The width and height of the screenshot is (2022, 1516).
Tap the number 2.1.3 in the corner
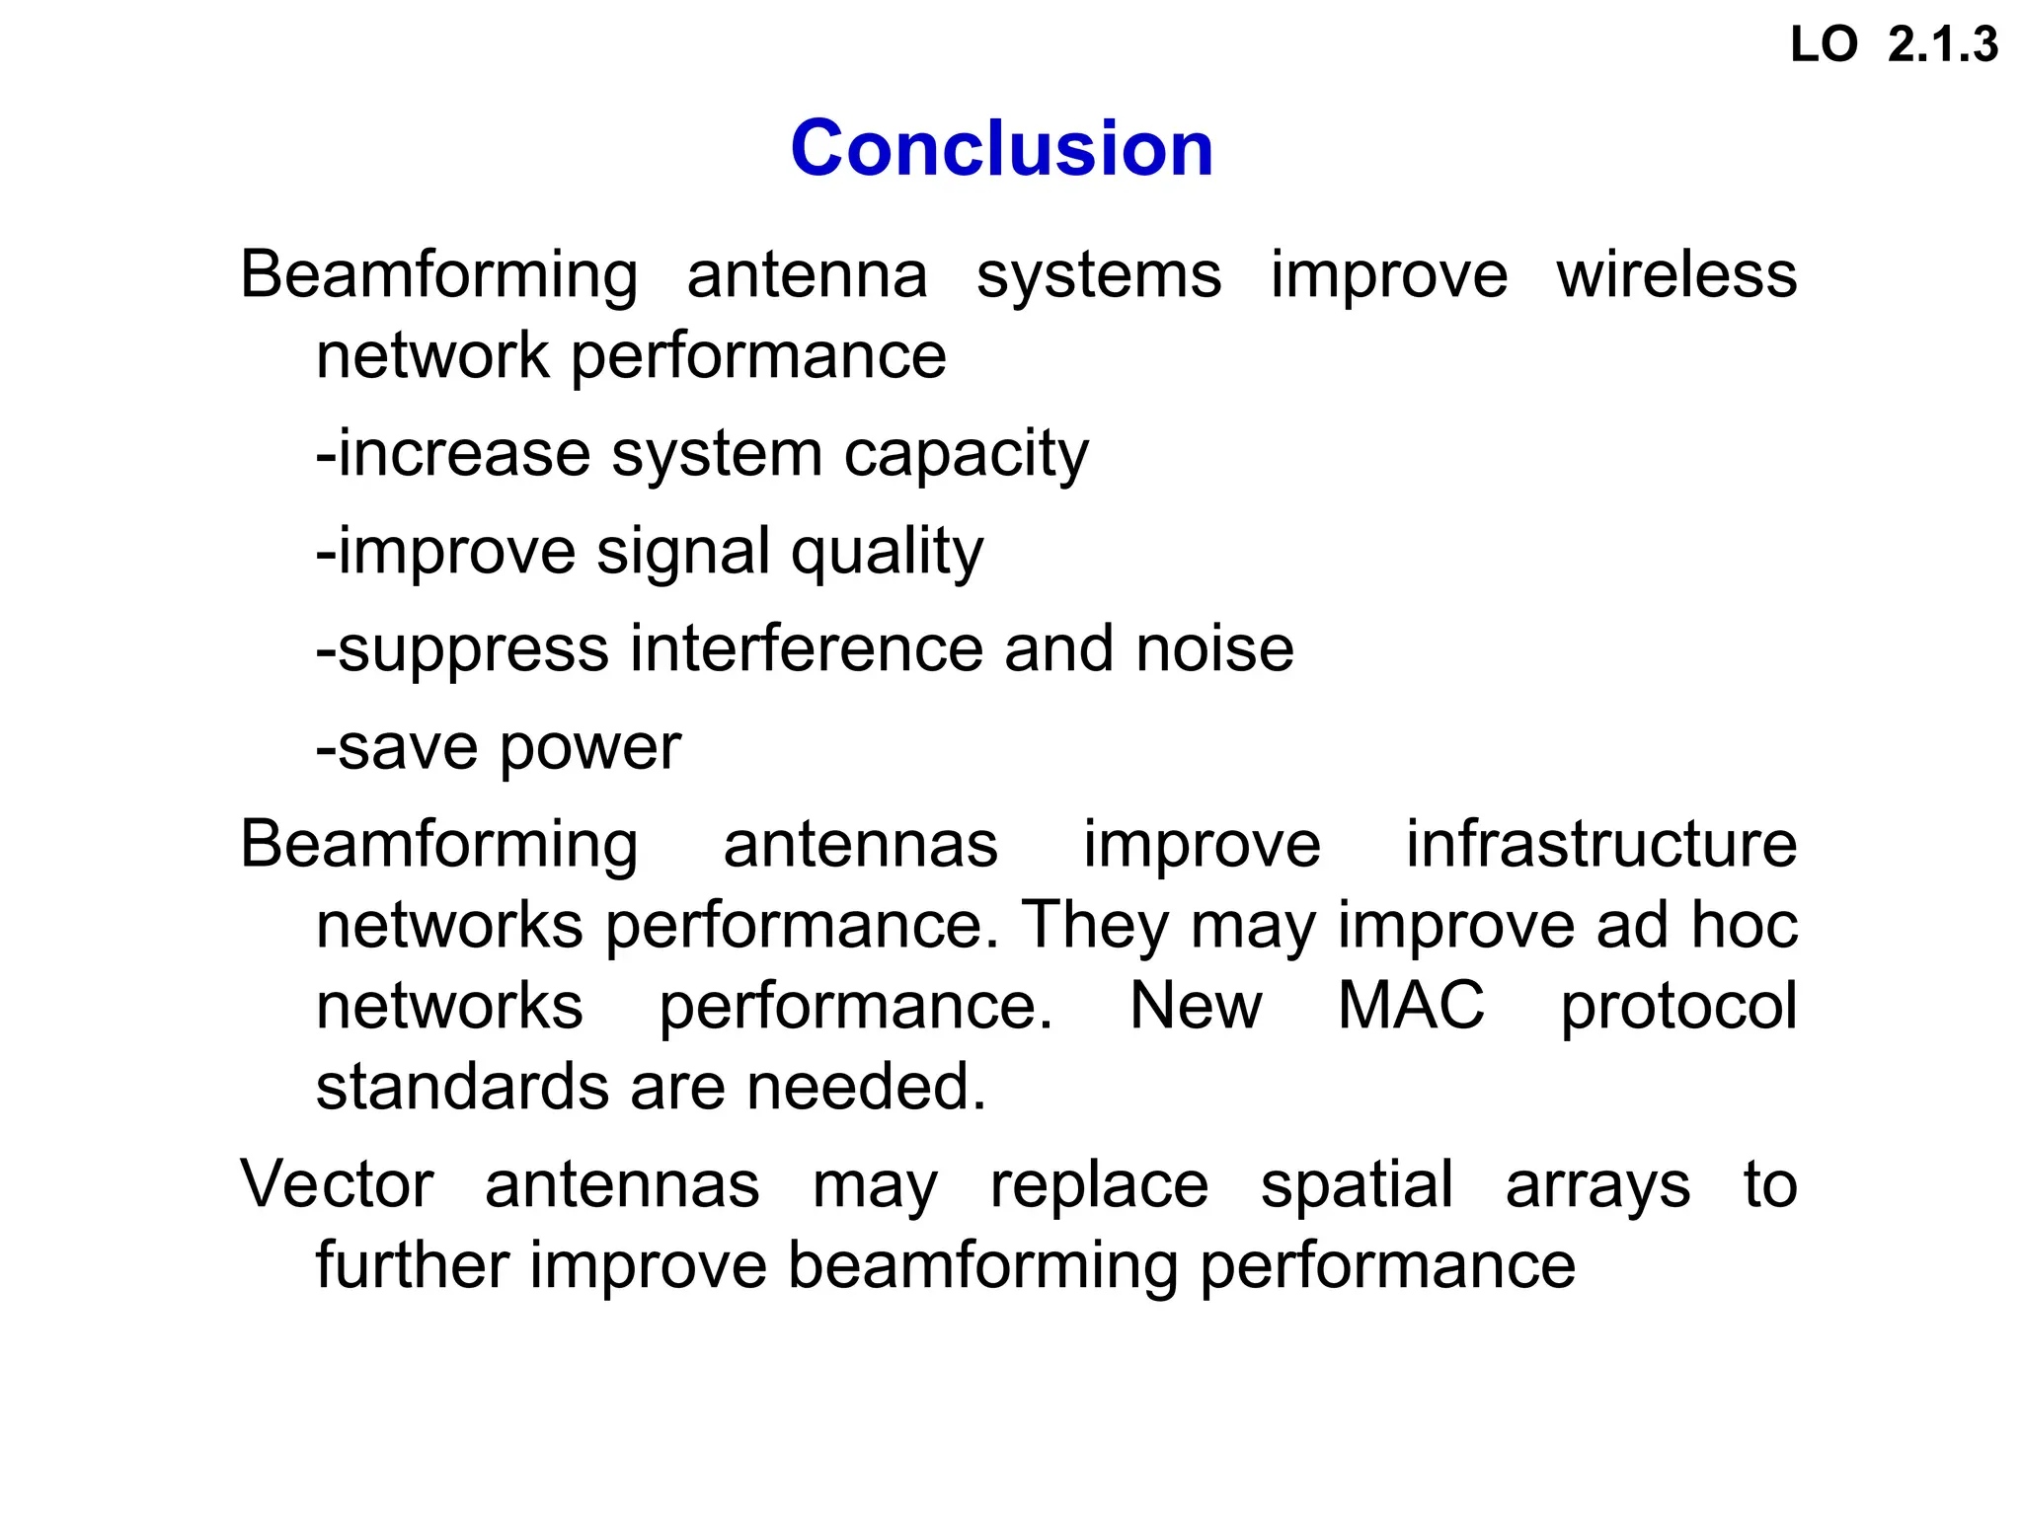pos(1942,45)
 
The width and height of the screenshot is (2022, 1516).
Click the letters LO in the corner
pos(1824,45)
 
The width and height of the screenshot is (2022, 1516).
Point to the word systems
pos(1098,276)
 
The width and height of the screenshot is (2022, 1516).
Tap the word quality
pos(887,553)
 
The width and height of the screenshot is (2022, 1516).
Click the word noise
pos(1214,649)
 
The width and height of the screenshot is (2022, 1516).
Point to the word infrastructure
pos(1600,845)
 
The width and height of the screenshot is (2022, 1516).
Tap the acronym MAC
pos(1410,1006)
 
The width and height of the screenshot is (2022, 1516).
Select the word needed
pos(866,1087)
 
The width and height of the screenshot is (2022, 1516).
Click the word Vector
pos(337,1184)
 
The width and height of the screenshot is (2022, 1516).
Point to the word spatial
pos(1356,1186)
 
